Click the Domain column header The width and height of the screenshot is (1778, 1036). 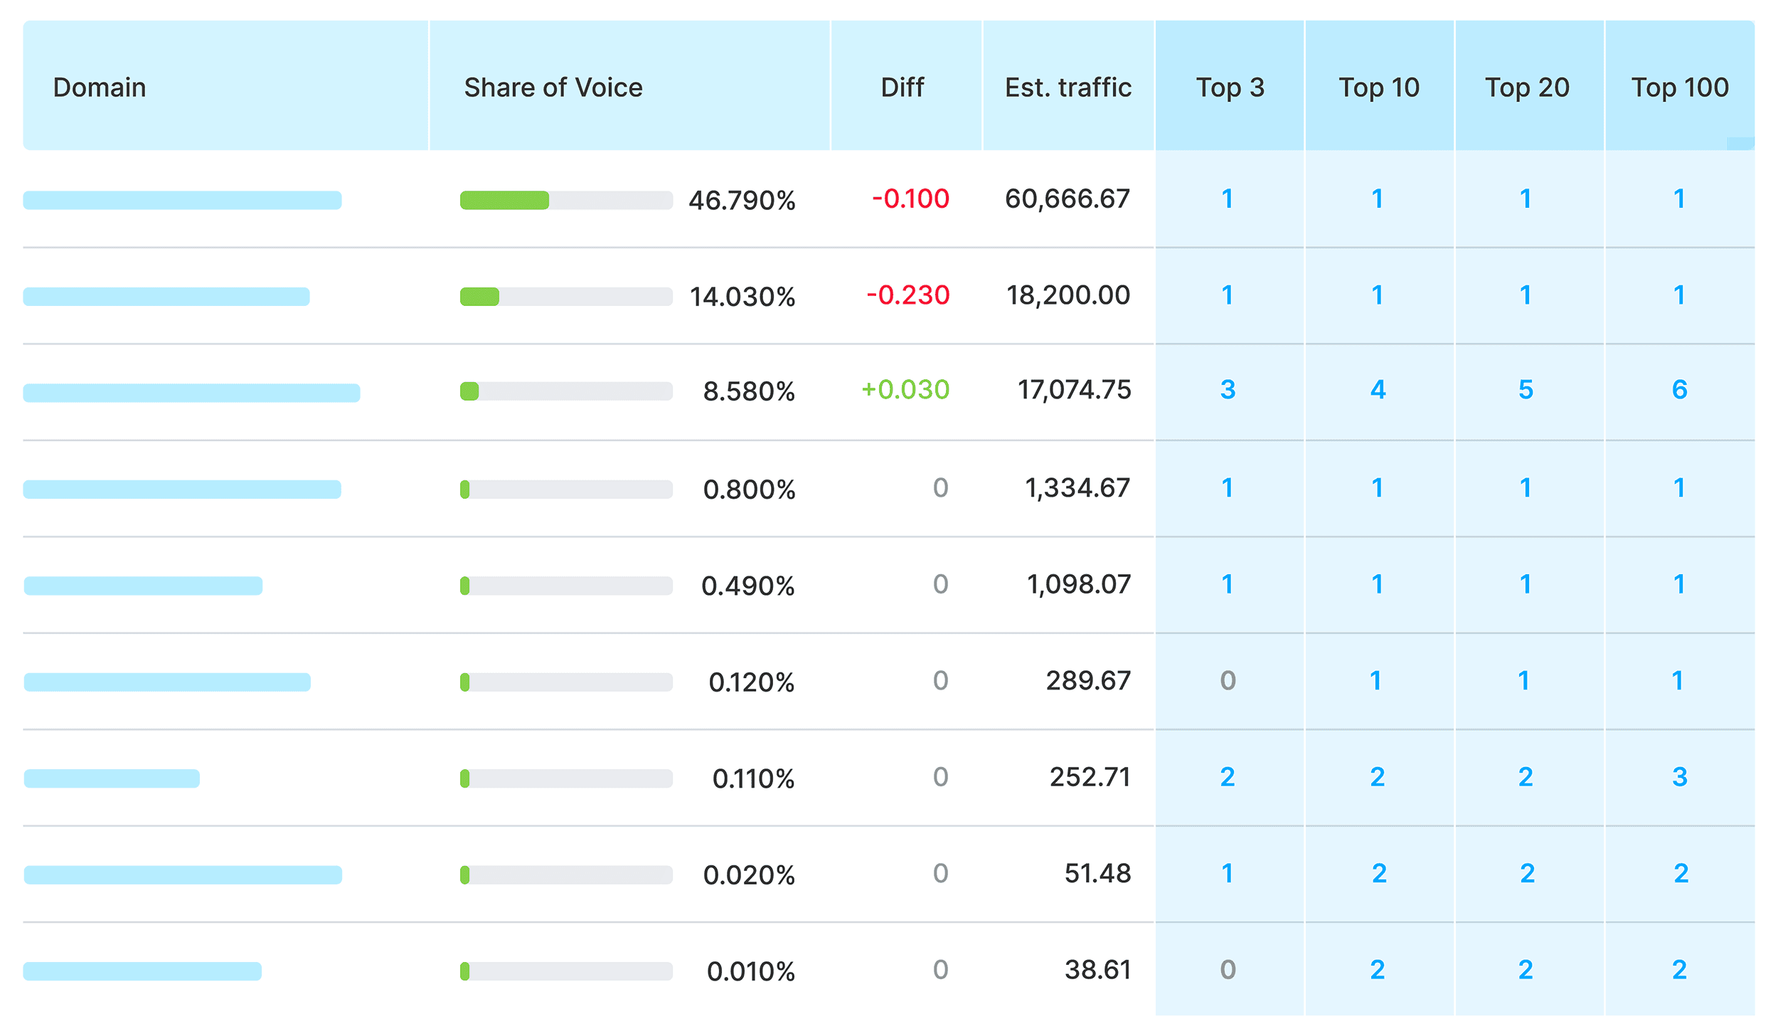tap(100, 88)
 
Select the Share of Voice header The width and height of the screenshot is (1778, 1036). tap(553, 88)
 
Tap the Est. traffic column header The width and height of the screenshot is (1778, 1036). tap(1068, 88)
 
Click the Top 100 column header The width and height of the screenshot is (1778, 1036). tap(1679, 88)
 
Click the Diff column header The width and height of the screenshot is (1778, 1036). tap(902, 88)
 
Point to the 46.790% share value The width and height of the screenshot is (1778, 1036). tap(741, 201)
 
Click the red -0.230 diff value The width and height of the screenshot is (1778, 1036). tap(907, 295)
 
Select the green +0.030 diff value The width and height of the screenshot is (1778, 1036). tap(905, 390)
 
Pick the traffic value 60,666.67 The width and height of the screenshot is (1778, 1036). tap(1067, 199)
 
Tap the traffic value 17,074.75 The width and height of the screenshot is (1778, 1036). tap(1073, 390)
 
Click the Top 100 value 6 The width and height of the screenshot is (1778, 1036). tap(1679, 390)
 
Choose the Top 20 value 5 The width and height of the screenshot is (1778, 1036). tap(1526, 390)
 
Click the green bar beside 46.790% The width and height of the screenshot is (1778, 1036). tap(504, 201)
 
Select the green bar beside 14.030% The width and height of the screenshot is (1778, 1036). tap(479, 297)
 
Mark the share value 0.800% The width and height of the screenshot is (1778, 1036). tap(748, 490)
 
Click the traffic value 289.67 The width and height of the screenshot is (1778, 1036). tap(1087, 681)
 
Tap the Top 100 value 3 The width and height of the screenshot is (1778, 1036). tap(1679, 777)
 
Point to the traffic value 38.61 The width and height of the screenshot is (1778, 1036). tap(1097, 970)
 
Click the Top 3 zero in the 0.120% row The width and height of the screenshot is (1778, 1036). tap(1228, 681)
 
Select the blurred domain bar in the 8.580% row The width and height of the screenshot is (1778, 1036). tap(191, 393)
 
